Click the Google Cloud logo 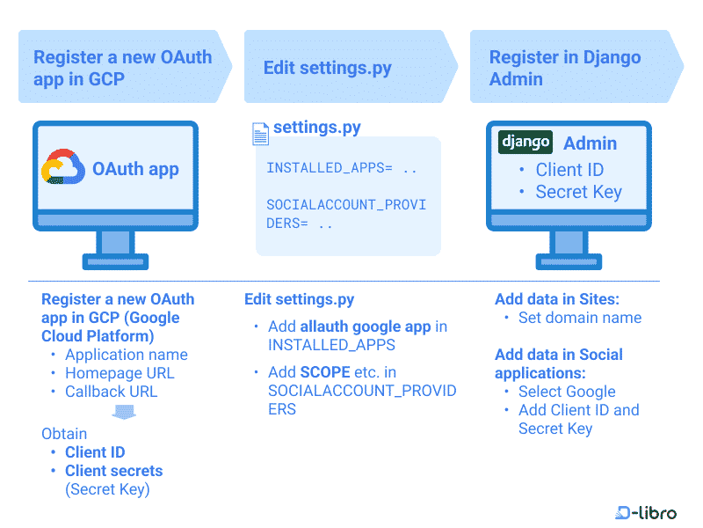62,166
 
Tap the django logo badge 525,143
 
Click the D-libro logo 646,512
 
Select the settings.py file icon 260,134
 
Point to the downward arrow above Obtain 124,412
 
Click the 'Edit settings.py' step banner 351,67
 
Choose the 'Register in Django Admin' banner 576,67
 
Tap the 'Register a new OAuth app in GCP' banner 125,67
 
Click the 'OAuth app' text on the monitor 135,169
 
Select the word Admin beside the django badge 590,143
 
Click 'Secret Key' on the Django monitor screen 579,192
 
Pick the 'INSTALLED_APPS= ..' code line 342,168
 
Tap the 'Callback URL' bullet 112,392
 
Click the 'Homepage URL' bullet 120,373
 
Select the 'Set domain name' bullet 580,318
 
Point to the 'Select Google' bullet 567,392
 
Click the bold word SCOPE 325,372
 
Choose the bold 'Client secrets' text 114,471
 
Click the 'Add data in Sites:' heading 557,299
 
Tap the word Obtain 64,434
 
